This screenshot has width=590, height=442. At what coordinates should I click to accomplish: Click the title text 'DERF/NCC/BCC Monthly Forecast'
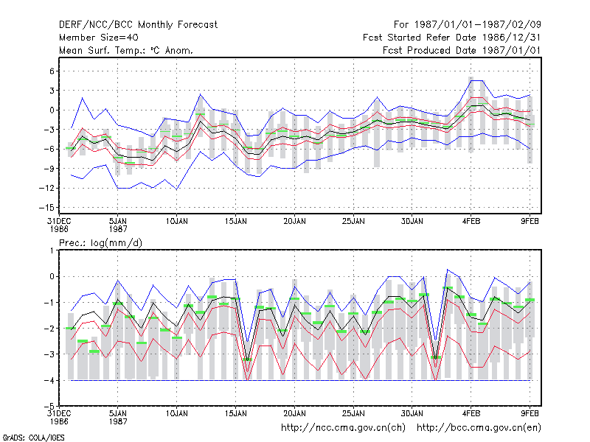click(138, 25)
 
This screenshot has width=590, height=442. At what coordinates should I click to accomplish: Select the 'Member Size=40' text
click(99, 38)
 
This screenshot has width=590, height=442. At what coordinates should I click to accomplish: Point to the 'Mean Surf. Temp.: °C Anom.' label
click(125, 50)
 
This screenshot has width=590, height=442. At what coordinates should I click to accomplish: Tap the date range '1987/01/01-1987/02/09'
click(477, 25)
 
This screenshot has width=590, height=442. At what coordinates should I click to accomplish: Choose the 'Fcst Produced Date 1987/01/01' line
click(462, 50)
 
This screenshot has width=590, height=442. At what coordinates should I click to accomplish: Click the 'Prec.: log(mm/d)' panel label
click(100, 243)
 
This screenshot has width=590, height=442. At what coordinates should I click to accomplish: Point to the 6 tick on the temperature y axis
click(52, 71)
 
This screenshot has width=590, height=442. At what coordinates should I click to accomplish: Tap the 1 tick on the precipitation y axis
click(52, 250)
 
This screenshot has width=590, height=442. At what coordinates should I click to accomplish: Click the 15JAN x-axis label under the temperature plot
click(235, 222)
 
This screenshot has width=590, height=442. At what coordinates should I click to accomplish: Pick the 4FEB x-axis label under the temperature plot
click(471, 222)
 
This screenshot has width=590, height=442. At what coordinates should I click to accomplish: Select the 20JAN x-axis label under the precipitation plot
click(294, 414)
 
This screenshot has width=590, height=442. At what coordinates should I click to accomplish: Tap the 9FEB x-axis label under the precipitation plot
click(530, 414)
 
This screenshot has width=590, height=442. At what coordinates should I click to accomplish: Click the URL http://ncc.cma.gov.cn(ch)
click(343, 428)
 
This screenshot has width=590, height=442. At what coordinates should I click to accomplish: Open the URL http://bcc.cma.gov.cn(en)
click(479, 428)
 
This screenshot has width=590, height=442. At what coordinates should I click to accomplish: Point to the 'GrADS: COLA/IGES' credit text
click(33, 438)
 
